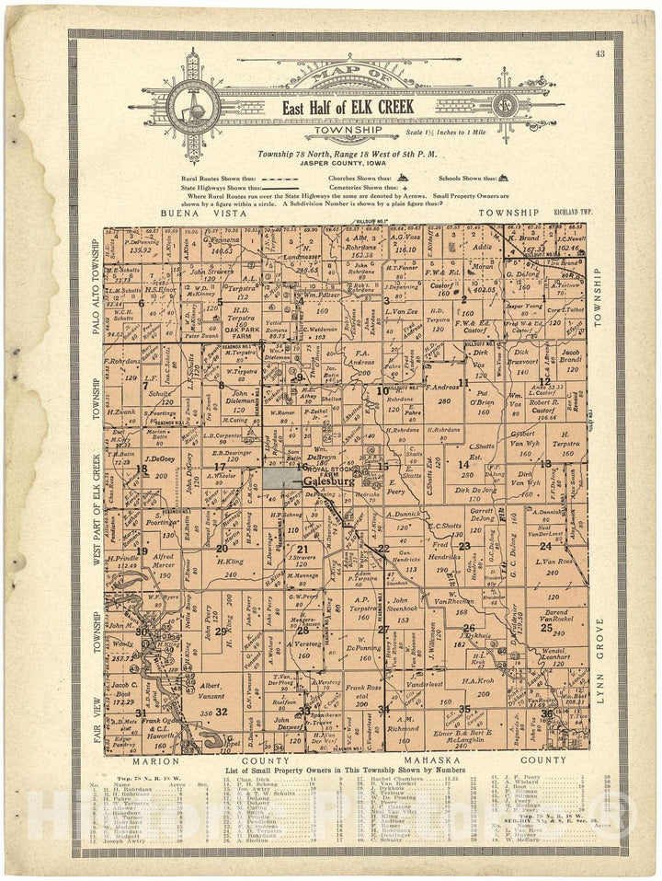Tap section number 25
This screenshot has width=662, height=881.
(x=546, y=628)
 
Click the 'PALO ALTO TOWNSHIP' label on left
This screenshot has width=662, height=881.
(x=97, y=288)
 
